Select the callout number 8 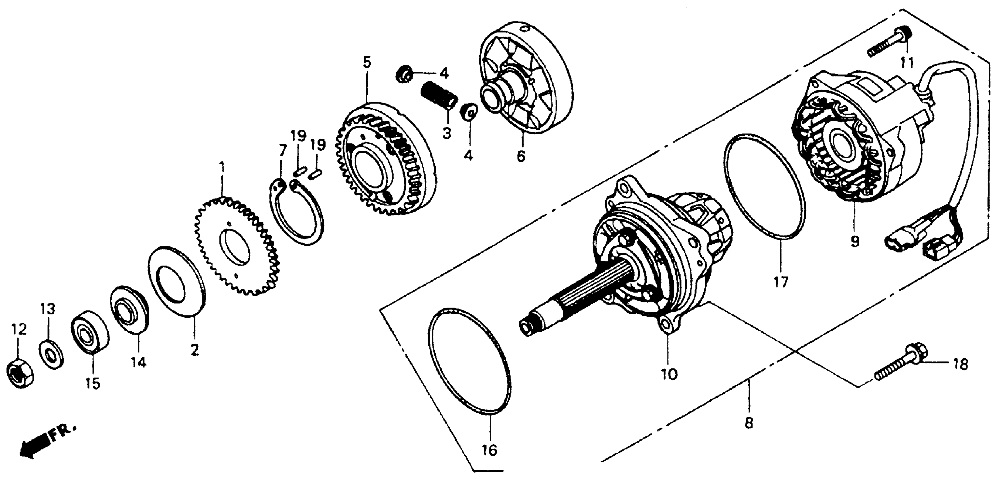pyautogui.click(x=749, y=423)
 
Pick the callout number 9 pyautogui.click(x=855, y=241)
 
